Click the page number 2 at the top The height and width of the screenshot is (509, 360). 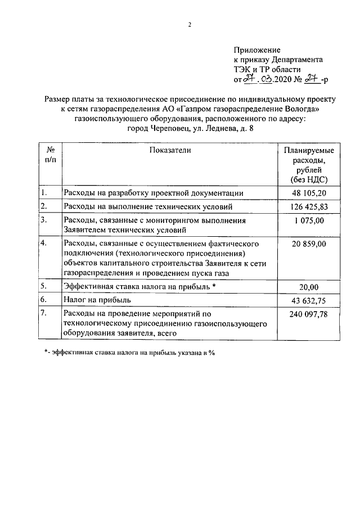click(190, 25)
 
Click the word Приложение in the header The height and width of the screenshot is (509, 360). click(257, 50)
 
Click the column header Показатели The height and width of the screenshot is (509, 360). click(170, 150)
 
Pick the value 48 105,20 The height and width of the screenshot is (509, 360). click(309, 193)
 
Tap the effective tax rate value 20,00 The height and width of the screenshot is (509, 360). click(309, 287)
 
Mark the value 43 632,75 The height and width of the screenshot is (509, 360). click(309, 300)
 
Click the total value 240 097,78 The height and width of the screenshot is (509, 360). click(309, 314)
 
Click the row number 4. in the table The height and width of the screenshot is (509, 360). click(43, 244)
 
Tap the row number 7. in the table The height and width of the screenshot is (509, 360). click(43, 313)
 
